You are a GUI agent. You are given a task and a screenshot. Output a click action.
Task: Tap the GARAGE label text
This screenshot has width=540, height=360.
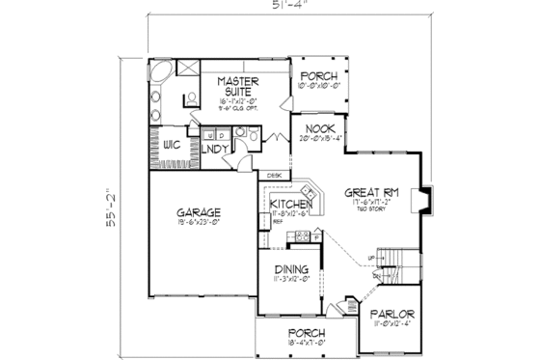tap(201, 211)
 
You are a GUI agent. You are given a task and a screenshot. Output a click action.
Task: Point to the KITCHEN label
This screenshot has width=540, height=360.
tap(291, 205)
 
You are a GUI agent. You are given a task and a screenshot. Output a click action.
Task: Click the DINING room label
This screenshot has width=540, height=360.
tap(290, 270)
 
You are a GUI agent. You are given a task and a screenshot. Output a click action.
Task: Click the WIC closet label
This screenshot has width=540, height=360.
tap(173, 144)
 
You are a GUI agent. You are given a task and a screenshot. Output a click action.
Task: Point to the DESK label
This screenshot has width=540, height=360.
tap(275, 175)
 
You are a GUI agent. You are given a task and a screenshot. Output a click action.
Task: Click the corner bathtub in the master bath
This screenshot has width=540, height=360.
tap(160, 74)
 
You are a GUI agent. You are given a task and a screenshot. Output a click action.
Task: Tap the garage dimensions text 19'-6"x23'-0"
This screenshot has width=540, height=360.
tap(201, 223)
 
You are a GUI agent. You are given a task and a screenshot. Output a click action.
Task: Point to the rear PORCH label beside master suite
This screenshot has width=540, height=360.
tap(315, 76)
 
